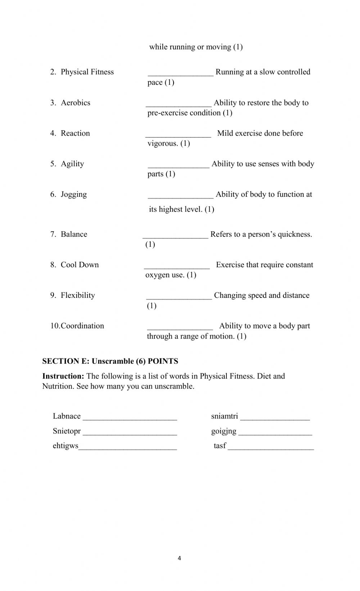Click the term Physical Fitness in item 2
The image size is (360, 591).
tap(87, 72)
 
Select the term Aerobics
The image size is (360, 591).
tap(76, 103)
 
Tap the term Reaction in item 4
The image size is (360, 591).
tap(75, 133)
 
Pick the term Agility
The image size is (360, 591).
tap(72, 164)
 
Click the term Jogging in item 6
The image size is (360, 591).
tap(74, 195)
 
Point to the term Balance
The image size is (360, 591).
tap(74, 235)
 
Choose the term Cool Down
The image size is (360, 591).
tap(80, 265)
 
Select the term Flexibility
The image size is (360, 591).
tap(78, 296)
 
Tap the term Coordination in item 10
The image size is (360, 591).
tap(82, 326)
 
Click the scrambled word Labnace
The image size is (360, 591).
tap(67, 416)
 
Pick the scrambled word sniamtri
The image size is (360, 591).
tap(225, 416)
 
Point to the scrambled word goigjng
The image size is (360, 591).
tap(224, 431)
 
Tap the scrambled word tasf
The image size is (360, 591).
tap(220, 446)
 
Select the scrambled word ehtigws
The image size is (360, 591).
tap(66, 446)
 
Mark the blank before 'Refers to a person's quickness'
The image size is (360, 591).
tap(175, 236)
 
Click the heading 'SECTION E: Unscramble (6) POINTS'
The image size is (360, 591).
tap(110, 361)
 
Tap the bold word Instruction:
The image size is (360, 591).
tap(63, 376)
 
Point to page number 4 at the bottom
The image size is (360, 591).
tap(179, 558)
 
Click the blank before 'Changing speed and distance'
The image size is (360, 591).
tap(179, 297)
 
